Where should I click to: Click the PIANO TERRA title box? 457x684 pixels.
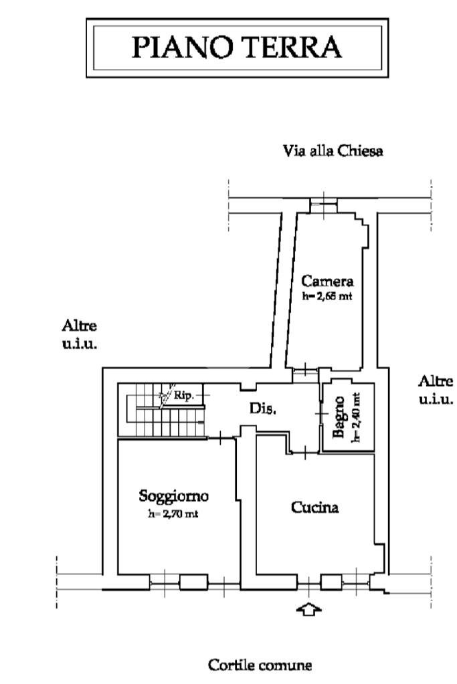[237, 48]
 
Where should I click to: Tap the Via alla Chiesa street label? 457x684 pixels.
[333, 151]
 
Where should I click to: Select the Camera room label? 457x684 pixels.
[327, 281]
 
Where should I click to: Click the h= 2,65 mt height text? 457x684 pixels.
[327, 296]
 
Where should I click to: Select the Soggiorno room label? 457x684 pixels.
[174, 496]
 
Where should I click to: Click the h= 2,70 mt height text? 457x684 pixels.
[174, 514]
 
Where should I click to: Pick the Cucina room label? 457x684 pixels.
[314, 507]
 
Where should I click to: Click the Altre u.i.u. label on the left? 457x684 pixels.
[79, 334]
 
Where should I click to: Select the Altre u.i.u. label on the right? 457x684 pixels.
[436, 390]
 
